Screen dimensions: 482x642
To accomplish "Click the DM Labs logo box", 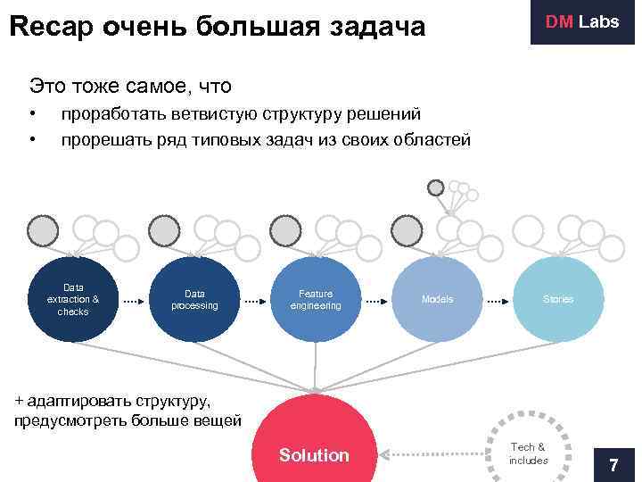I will coord(582,22).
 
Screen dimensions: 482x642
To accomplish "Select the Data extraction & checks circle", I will coord(73,300).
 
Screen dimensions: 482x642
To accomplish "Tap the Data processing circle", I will coord(194,300).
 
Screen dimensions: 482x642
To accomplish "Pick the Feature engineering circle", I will coord(316,300).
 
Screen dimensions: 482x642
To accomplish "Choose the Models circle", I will coord(437,300).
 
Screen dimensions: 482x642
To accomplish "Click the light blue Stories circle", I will coord(558,300).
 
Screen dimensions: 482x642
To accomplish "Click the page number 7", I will coord(613,465).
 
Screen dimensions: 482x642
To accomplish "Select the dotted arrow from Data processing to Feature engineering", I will coord(255,302).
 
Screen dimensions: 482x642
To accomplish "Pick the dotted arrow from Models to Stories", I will coord(498,302).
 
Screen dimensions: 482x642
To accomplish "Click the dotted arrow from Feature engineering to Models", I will coord(376,302).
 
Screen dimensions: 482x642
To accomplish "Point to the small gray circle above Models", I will coord(435,188).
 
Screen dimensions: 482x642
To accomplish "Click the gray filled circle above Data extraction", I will coord(42,231).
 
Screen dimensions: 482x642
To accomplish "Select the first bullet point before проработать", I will coord(32,114).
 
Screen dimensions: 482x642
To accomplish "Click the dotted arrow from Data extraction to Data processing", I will coord(134,302).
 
